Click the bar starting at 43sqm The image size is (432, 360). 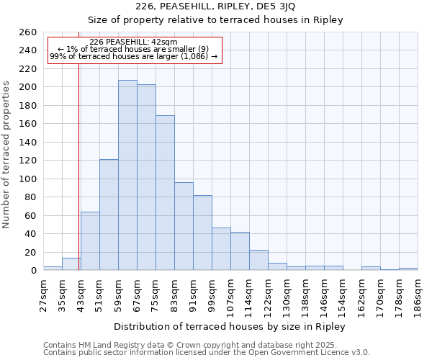[x=90, y=241]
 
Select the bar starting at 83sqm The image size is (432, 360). [x=184, y=226]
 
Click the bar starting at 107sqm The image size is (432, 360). [x=240, y=251]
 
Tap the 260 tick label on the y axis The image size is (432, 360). [x=28, y=32]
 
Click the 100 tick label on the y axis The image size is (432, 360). [x=28, y=179]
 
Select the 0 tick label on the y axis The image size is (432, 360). [x=34, y=271]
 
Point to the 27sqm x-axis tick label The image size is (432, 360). [x=43, y=294]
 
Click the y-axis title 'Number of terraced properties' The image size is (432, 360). [x=6, y=155]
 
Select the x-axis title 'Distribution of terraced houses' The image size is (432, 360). [x=230, y=326]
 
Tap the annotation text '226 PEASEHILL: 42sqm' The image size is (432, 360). [x=134, y=42]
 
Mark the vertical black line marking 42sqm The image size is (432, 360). [x=78, y=180]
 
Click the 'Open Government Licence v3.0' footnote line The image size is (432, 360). [x=207, y=352]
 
